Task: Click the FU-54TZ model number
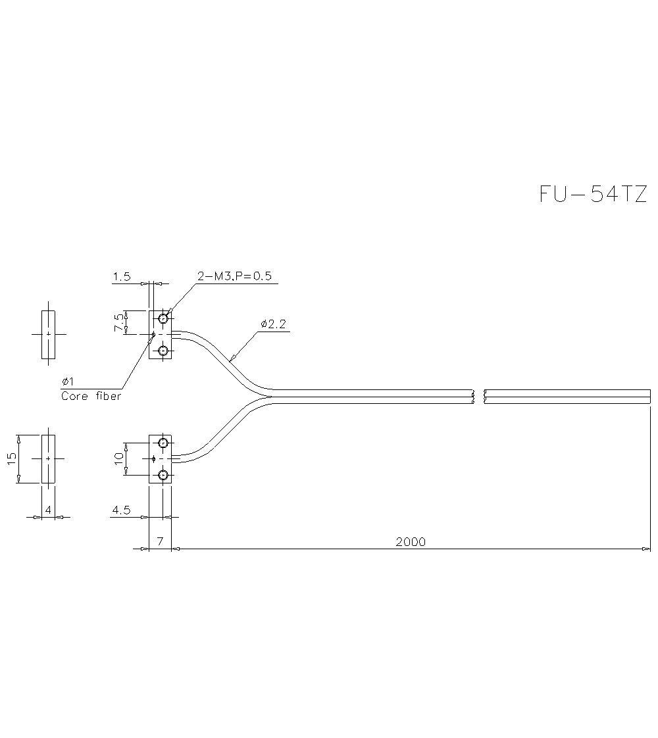point(593,195)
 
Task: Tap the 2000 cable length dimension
point(411,542)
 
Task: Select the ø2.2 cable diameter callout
point(273,324)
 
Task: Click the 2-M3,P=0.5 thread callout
point(234,276)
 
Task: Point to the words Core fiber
point(91,396)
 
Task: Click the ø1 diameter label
point(67,382)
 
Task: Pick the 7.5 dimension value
point(118,322)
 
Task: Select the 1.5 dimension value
point(121,278)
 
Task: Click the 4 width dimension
point(48,509)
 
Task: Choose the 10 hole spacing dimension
point(119,458)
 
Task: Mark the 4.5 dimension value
point(122,510)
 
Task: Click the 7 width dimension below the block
point(160,542)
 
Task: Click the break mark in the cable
point(479,396)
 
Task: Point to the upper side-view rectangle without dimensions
point(49,335)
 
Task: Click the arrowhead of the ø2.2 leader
point(232,359)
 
